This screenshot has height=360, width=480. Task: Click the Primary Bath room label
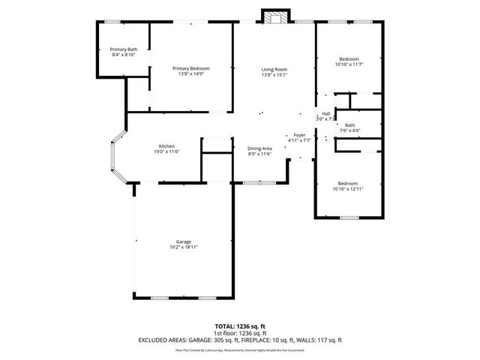tap(123, 49)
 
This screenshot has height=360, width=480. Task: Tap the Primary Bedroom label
tap(190, 68)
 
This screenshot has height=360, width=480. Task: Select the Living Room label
tap(274, 69)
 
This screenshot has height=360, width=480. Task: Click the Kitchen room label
tap(166, 145)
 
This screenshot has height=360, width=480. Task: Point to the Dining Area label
tap(259, 148)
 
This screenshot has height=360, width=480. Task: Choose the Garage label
tap(184, 241)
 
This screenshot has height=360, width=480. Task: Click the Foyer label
tap(299, 135)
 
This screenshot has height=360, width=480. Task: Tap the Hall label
tap(326, 113)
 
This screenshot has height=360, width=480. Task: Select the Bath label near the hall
tap(350, 125)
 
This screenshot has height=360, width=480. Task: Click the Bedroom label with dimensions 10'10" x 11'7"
tap(349, 59)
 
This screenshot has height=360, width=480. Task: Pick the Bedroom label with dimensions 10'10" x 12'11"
tap(348, 184)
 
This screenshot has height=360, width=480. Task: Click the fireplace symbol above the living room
tap(274, 16)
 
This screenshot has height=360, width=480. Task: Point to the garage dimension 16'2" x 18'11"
tap(184, 247)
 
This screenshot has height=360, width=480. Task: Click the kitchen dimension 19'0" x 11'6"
tap(166, 151)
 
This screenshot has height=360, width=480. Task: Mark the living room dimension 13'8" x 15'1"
tap(274, 75)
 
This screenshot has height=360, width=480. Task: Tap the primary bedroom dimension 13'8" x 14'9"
tap(190, 74)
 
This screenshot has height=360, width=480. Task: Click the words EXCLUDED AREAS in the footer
tap(164, 340)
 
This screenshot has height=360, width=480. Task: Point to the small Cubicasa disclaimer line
tap(240, 349)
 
